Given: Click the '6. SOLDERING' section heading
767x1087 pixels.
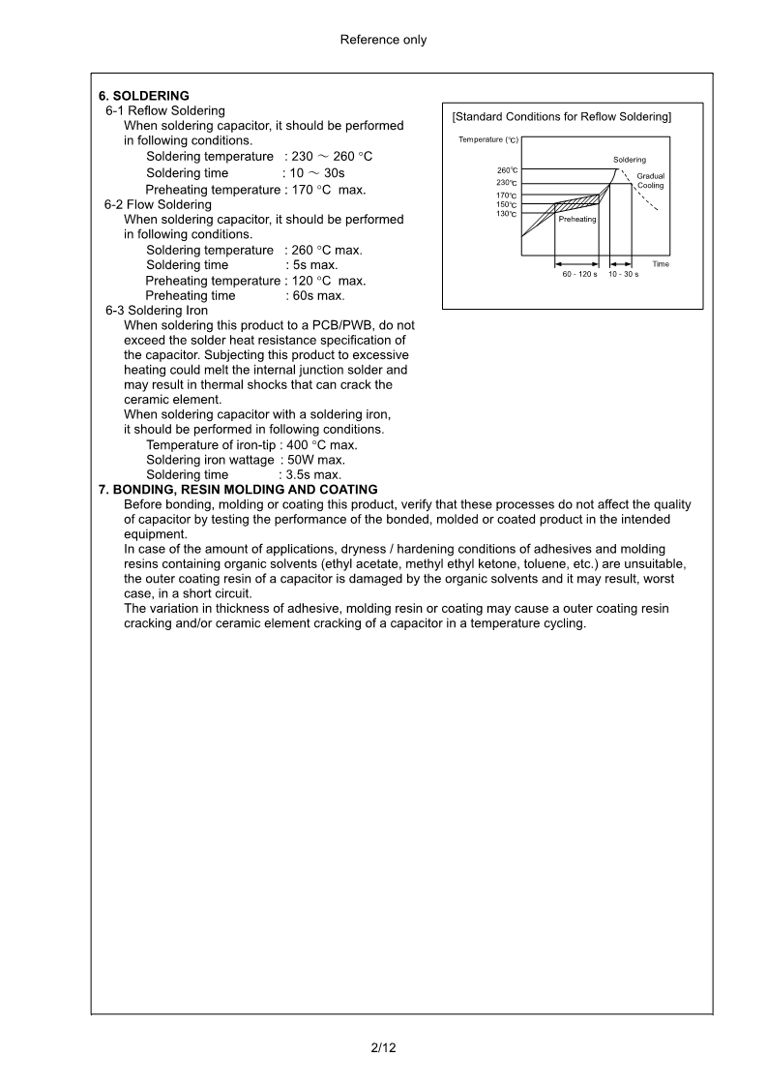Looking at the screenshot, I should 144,96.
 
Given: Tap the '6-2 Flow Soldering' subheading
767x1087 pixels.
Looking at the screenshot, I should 158,205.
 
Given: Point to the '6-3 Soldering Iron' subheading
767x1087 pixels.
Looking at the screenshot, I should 157,311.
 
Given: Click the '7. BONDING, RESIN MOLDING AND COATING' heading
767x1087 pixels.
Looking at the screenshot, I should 238,490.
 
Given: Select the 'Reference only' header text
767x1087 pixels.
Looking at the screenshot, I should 383,40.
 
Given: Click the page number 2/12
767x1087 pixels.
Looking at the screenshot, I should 383,1048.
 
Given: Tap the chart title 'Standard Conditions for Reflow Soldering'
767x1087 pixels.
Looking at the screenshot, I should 562,117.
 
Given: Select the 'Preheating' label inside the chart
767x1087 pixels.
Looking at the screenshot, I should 577,220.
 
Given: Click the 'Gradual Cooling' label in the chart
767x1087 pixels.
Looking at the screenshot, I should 650,181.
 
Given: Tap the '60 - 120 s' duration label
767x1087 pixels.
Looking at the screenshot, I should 579,275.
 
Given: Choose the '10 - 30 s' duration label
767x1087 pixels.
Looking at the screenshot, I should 623,275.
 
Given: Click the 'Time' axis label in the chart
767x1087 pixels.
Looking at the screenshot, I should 660,264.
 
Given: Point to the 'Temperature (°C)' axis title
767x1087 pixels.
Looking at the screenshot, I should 488,140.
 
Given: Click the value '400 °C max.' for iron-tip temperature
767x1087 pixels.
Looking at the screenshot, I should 323,445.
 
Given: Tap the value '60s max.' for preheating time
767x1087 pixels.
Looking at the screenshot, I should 318,296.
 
